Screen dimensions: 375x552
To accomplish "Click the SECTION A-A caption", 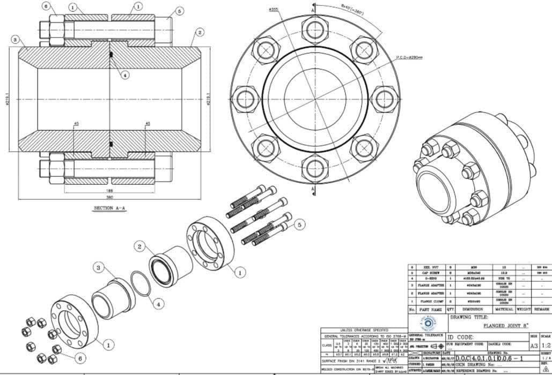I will (110, 208).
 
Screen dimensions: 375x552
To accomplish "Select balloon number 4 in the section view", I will (125, 75).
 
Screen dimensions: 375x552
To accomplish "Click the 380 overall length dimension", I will (109, 197).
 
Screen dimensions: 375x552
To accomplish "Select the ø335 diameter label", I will (273, 9).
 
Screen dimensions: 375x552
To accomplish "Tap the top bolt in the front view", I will (312, 29).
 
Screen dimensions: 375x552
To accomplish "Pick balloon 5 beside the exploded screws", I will (299, 224).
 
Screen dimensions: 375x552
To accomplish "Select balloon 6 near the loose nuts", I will (80, 357).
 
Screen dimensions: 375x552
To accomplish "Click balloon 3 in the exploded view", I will (99, 267).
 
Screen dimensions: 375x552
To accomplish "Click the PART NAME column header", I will (430, 309).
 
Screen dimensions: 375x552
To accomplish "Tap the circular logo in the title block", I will (430, 323).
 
